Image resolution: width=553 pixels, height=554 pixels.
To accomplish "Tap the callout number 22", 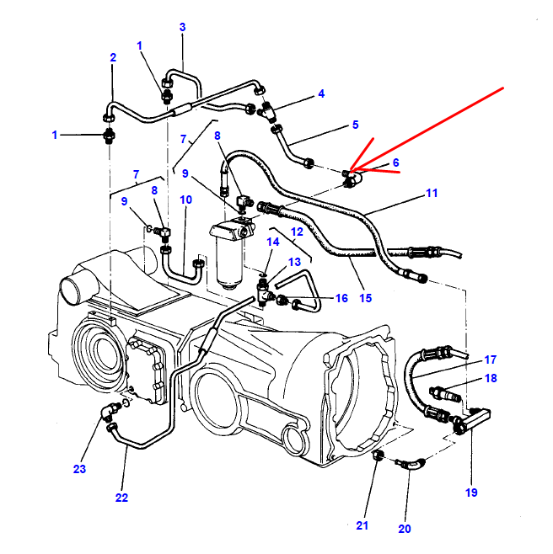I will pos(121,498).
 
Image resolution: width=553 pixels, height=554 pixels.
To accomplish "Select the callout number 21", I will pos(362,526).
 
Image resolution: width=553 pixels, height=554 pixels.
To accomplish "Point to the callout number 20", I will pos(405,529).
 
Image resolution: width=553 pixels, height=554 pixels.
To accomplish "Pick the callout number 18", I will pos(490,379).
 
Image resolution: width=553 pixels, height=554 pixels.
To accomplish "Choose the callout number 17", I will pos(490,359).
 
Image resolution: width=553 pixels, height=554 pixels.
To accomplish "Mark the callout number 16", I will pos(341,298).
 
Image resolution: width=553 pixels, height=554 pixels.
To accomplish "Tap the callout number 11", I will pos(432,194).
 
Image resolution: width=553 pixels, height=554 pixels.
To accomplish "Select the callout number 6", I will pos(395,162).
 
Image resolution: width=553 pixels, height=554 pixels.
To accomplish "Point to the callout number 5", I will pos(355,125).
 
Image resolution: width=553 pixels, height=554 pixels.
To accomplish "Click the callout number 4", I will pos(320,93).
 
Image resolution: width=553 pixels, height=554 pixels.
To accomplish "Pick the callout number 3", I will pos(182,27).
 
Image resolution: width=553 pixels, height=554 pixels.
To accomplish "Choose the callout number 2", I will pos(113,57).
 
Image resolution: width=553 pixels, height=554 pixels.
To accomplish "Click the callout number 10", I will pos(185,200).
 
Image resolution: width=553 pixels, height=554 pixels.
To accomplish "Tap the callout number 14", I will pos(272,242).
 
